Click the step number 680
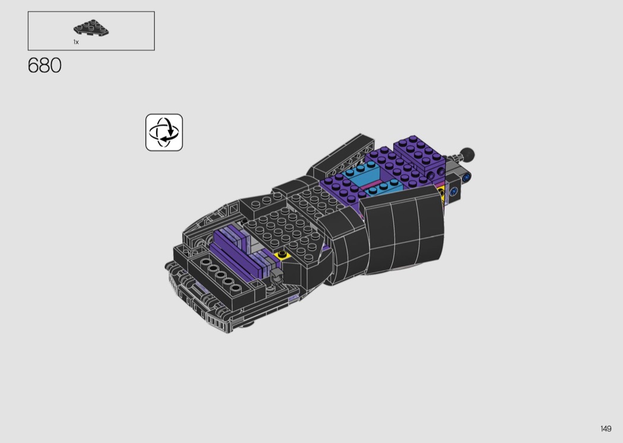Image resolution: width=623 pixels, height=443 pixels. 44,65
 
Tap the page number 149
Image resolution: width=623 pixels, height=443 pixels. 606,429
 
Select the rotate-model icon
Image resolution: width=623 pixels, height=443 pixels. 164,132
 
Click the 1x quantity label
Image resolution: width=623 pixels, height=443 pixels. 76,42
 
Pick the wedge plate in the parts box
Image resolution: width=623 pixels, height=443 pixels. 91,27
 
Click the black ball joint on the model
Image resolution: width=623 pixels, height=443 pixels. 467,154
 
